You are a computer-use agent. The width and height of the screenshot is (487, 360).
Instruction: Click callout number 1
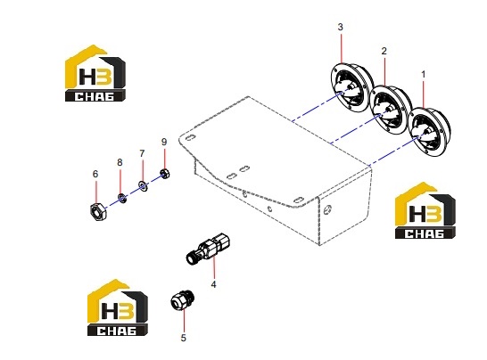[x=423, y=75]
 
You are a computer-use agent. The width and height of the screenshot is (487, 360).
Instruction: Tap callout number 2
[x=384, y=51]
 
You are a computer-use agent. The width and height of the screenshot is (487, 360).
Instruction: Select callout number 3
[x=341, y=27]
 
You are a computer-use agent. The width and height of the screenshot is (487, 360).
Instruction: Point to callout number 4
[x=213, y=284]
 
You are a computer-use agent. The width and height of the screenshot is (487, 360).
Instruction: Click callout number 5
[x=183, y=338]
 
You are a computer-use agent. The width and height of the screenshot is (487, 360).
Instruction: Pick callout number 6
[x=95, y=174]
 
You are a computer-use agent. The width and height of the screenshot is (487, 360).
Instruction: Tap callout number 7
[x=142, y=153]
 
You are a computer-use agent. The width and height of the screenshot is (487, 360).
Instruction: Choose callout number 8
[x=120, y=162]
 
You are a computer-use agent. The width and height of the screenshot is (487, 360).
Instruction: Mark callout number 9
[x=164, y=142]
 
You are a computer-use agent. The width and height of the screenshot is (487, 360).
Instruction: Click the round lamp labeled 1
[x=430, y=132]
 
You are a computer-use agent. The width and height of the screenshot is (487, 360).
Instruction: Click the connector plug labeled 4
[x=208, y=249]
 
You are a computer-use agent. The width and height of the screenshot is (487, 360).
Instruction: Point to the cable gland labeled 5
[x=182, y=299]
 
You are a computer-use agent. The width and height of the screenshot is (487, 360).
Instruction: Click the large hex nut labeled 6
[x=98, y=212]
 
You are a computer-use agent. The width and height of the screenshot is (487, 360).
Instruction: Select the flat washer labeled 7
[x=143, y=185]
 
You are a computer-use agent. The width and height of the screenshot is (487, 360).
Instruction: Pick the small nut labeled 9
[x=164, y=173]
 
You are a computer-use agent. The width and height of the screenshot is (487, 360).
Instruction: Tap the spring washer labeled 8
[x=121, y=198]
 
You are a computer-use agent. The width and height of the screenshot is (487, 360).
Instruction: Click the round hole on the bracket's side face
[x=327, y=210]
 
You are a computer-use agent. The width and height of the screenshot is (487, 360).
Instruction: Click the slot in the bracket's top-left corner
[x=190, y=137]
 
